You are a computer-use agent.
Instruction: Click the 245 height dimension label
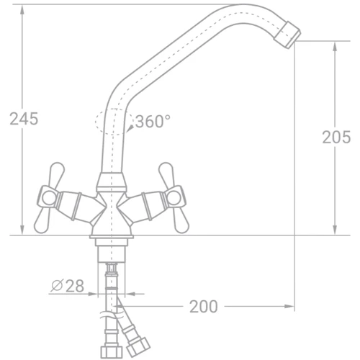coord(24,120)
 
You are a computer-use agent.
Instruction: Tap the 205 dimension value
coord(336,138)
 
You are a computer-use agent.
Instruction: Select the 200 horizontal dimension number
coord(204,307)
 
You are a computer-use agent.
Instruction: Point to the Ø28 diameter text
coord(68,286)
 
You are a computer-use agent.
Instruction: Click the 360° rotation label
coord(152,122)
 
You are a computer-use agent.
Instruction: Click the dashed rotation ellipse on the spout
coord(112,122)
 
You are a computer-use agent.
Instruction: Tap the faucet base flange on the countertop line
coord(111,233)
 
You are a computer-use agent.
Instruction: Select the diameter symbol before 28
coord(56,286)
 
